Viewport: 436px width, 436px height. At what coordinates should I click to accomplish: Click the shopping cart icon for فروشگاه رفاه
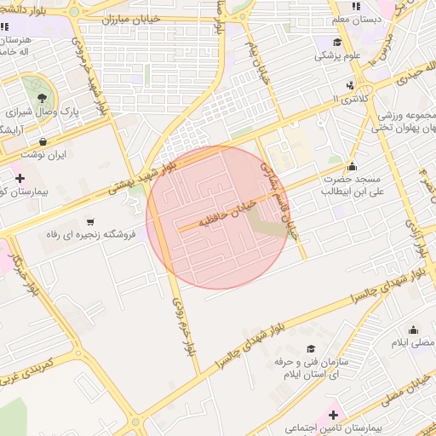coord(90,221)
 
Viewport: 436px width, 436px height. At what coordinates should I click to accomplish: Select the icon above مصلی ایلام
coord(414,330)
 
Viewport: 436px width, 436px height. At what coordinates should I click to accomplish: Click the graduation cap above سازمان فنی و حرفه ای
coord(311,349)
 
